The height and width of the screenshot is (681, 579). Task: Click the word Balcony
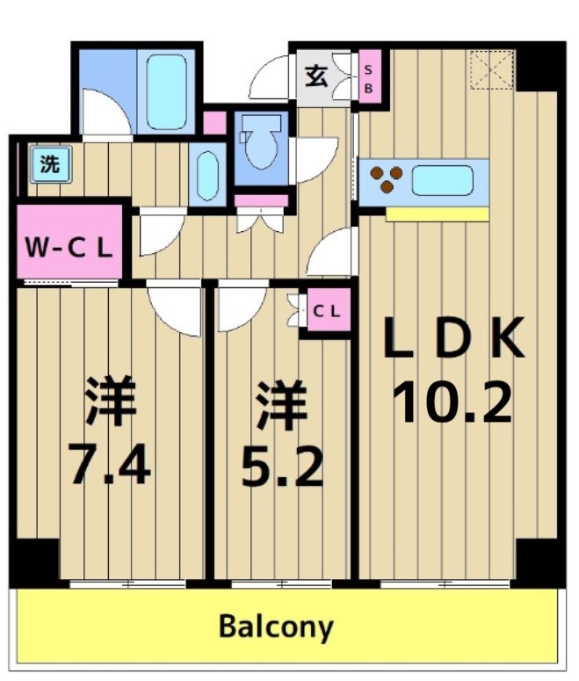276,627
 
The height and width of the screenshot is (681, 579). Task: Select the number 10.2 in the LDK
452,403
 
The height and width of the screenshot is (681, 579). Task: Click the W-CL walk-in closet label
69,247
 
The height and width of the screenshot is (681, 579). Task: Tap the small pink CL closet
327,310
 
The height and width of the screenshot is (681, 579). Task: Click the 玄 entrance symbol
316,76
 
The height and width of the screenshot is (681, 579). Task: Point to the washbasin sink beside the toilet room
207,175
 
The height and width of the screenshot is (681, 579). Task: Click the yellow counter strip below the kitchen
437,214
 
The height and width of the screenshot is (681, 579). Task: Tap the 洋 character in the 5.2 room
282,403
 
